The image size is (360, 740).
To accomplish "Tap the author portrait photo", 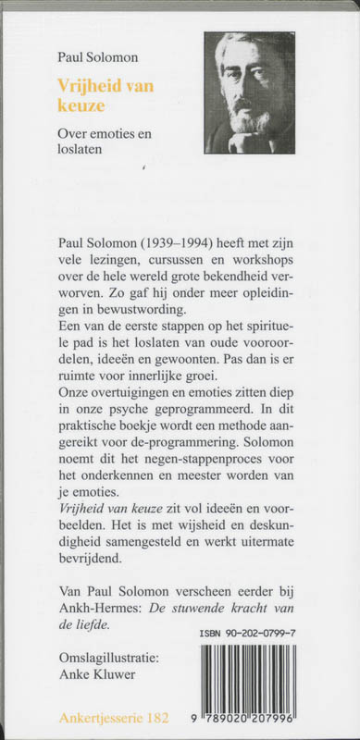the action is click(250, 92).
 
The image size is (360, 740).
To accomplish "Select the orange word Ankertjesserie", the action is click(103, 718).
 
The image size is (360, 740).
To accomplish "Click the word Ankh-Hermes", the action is click(98, 608).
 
